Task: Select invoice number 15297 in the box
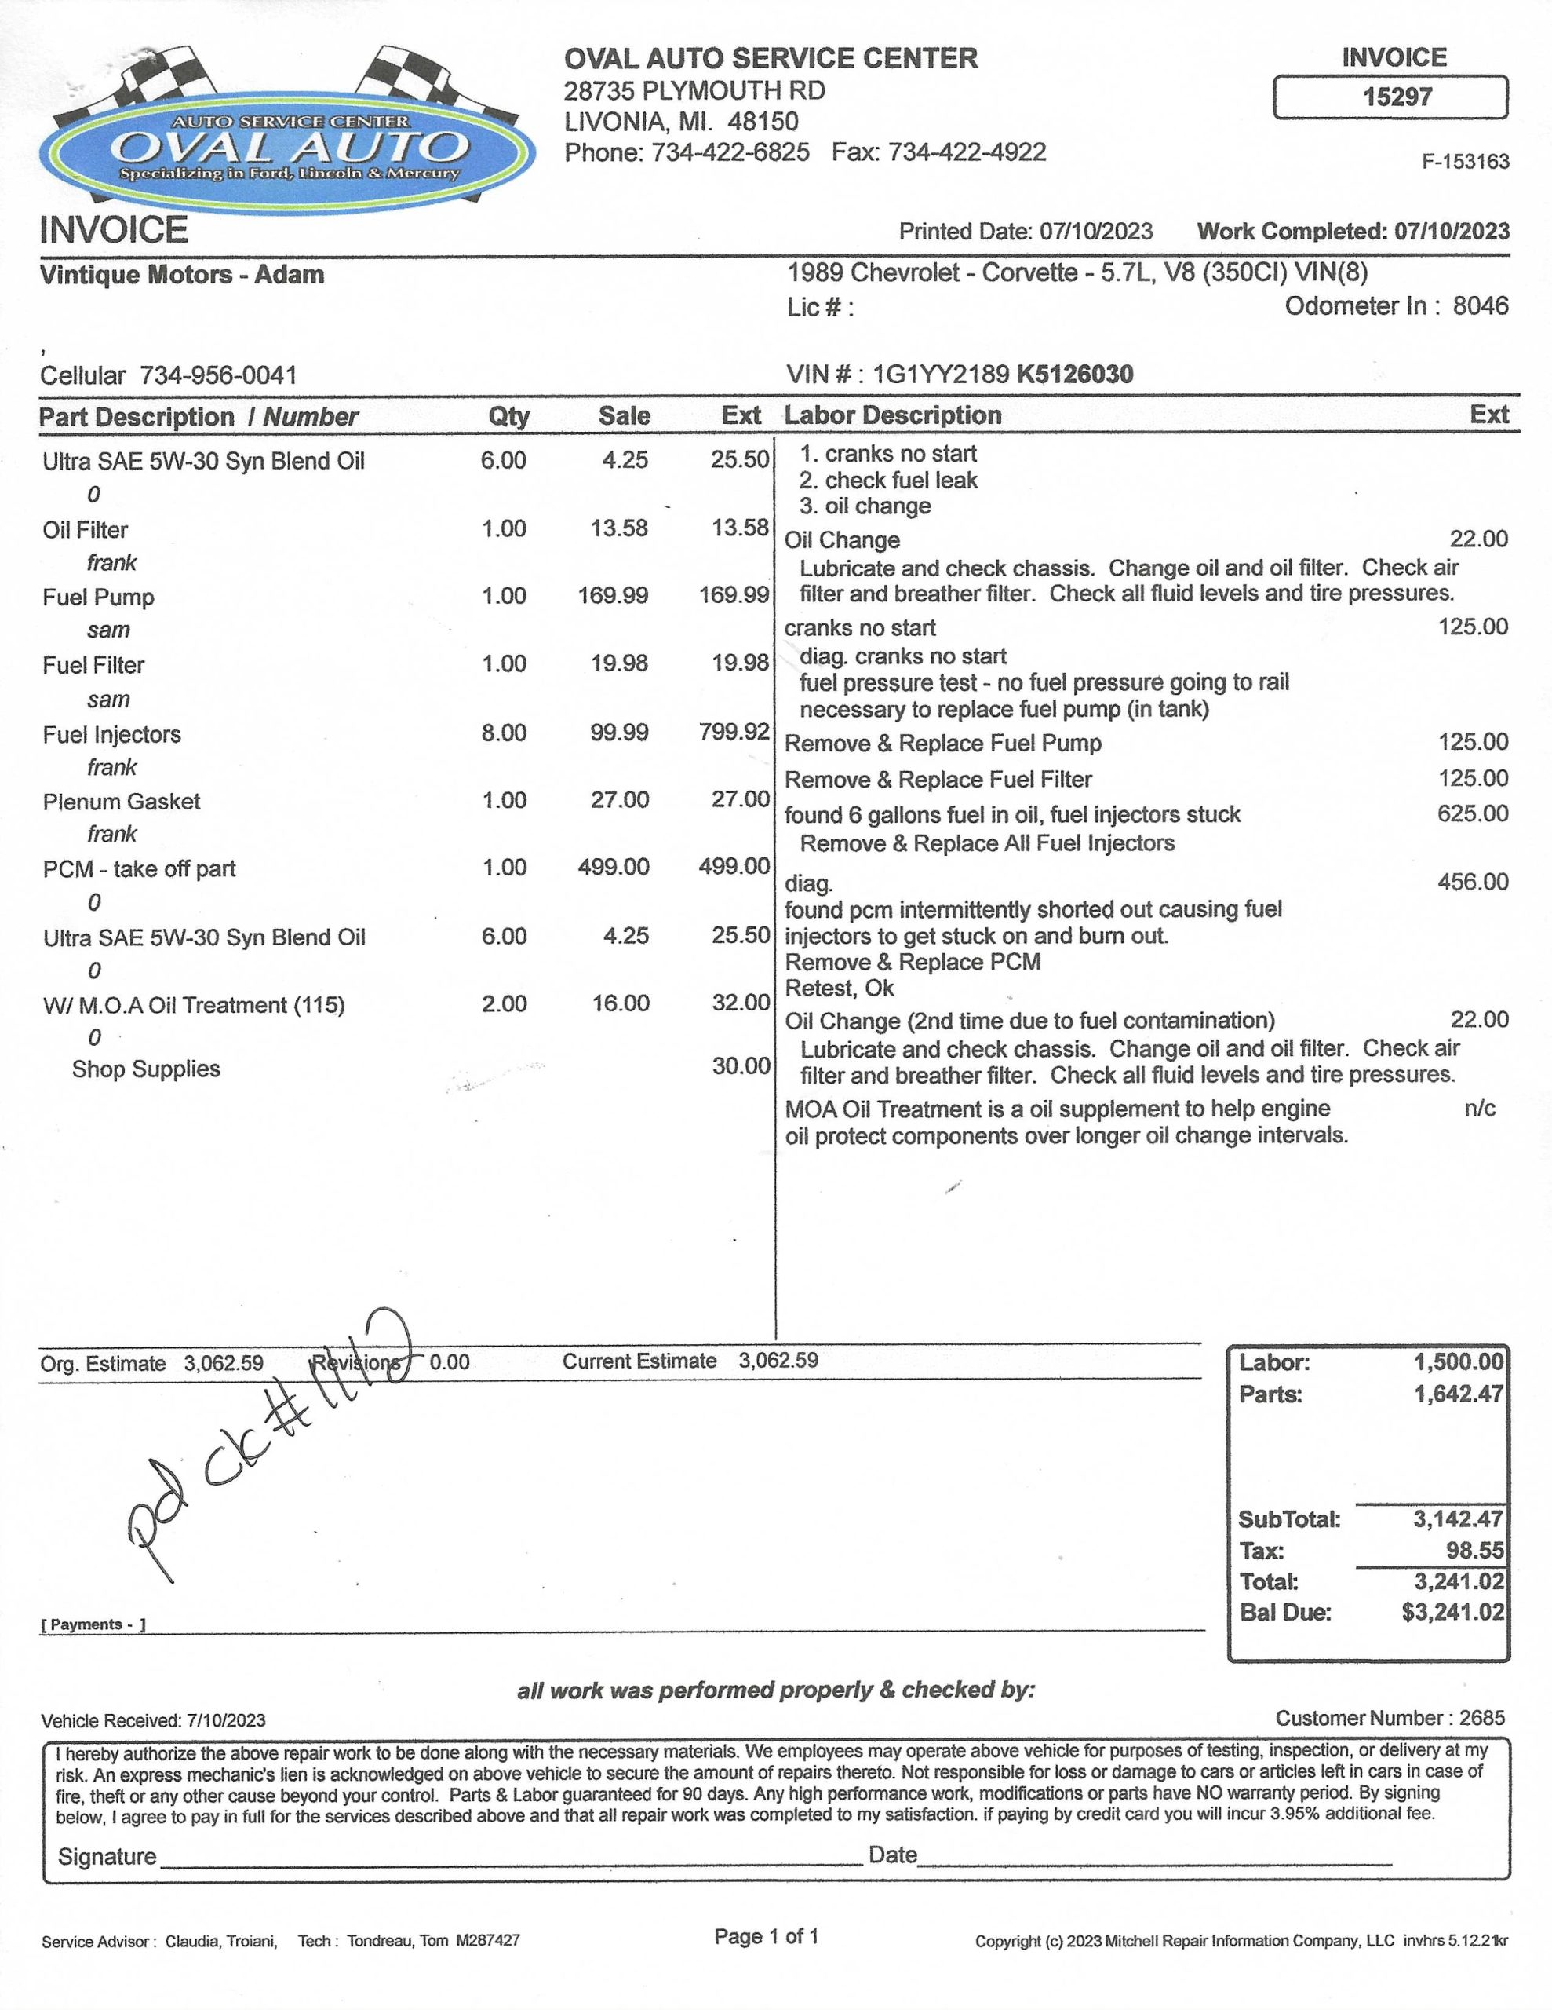tap(1397, 97)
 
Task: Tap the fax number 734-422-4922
tap(967, 152)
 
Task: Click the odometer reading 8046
tap(1481, 305)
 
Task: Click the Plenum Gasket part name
tap(122, 802)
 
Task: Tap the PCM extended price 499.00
tap(734, 867)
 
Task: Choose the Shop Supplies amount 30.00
tap(741, 1067)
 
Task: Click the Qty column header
tap(508, 416)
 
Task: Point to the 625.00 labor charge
tap(1473, 813)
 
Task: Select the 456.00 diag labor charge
tap(1473, 882)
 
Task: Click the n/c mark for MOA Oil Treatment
tap(1479, 1108)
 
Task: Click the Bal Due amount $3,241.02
tap(1452, 1613)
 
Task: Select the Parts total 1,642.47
tap(1458, 1394)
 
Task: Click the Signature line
tap(511, 1857)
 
